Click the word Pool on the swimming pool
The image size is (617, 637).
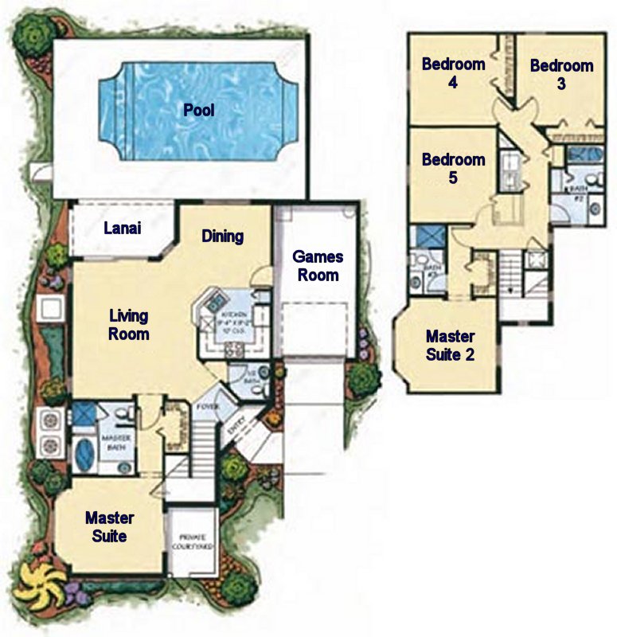coord(199,110)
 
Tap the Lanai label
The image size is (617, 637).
coord(123,229)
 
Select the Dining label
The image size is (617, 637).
coord(222,236)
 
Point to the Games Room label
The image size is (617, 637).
coord(318,266)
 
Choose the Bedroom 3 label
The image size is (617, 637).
coord(561,74)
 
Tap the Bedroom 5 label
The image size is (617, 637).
coord(453,168)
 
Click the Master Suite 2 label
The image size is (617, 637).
coord(450,345)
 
